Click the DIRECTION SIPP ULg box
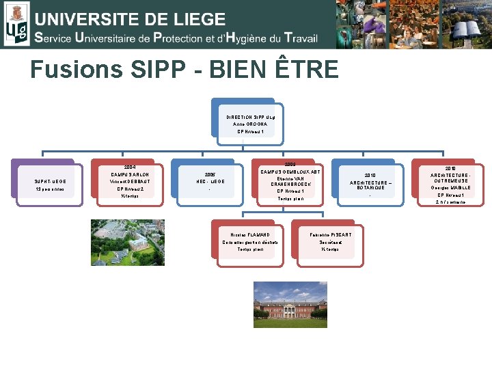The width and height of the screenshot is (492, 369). pyautogui.click(x=245, y=124)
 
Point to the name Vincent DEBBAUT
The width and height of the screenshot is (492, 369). pyautogui.click(x=128, y=182)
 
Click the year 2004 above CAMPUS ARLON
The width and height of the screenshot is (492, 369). pyautogui.click(x=129, y=167)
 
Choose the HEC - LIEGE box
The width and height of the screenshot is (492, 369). pyautogui.click(x=210, y=181)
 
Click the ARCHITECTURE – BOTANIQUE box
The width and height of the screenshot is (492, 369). pyautogui.click(x=370, y=183)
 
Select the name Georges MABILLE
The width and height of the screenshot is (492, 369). pyautogui.click(x=450, y=187)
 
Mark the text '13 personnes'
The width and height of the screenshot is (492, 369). pyautogui.click(x=49, y=189)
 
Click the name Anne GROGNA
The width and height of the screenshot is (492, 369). pyautogui.click(x=245, y=124)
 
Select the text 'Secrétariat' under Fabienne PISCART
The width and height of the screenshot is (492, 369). pyautogui.click(x=331, y=242)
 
